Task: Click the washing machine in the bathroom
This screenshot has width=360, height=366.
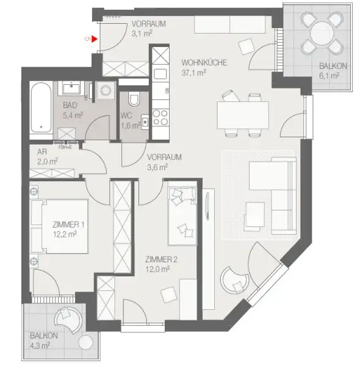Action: pos(106,90)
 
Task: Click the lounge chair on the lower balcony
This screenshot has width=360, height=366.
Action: pos(67,321)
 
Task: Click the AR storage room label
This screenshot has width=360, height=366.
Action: pos(43,152)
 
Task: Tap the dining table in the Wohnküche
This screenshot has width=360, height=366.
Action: pos(242,114)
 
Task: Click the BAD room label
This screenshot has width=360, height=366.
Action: pos(71,104)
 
